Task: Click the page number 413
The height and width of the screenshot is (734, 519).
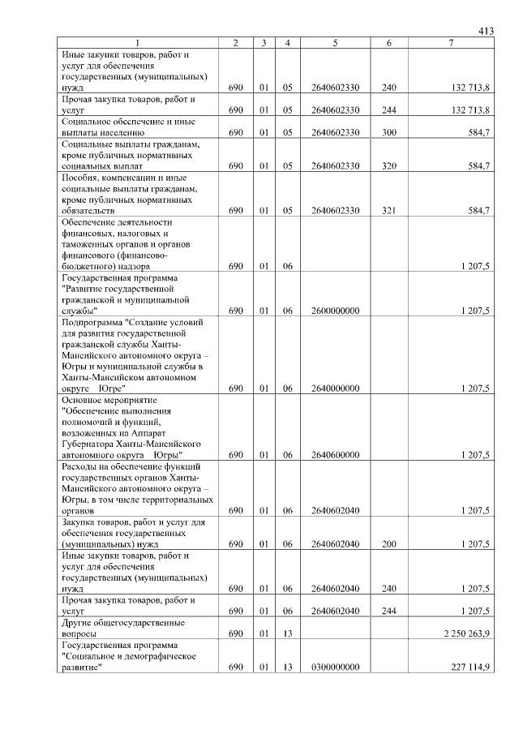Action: (486, 32)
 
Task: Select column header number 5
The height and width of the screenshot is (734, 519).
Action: (334, 43)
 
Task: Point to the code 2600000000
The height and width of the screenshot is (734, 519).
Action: (334, 311)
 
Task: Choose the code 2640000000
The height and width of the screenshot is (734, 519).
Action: (334, 388)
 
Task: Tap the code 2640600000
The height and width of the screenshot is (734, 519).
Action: (334, 455)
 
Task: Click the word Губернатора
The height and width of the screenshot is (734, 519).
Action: (90, 444)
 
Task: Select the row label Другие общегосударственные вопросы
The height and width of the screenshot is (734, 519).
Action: (122, 627)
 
